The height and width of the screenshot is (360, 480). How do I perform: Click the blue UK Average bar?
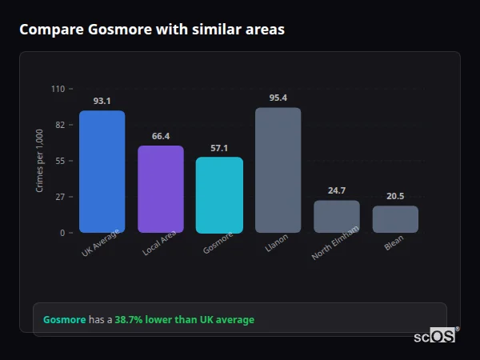click(x=102, y=172)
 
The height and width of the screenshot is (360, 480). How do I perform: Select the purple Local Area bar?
click(x=160, y=190)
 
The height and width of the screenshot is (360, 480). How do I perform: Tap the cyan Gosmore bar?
click(x=219, y=195)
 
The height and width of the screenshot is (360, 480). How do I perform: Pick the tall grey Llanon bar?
click(x=278, y=170)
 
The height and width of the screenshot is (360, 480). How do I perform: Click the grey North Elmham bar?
click(x=337, y=217)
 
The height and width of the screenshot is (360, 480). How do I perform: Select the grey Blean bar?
click(x=395, y=219)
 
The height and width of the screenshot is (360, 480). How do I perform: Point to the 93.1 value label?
click(x=102, y=101)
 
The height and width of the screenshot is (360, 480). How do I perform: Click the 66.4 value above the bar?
click(x=160, y=136)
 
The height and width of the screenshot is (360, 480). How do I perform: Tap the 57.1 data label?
click(x=219, y=148)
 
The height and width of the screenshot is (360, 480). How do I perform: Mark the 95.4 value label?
click(x=278, y=98)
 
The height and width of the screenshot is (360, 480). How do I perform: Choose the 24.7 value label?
click(x=337, y=190)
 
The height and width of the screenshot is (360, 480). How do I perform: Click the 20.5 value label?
click(x=395, y=196)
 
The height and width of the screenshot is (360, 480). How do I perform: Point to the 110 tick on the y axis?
click(x=58, y=89)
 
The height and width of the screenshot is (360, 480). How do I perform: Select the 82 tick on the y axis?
click(x=60, y=125)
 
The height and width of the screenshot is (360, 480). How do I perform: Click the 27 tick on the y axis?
click(x=60, y=197)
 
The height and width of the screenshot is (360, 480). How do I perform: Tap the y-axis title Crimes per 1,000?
click(x=39, y=160)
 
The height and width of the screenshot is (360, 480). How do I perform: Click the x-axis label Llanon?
click(x=277, y=243)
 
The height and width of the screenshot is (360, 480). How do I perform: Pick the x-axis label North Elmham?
click(x=334, y=243)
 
